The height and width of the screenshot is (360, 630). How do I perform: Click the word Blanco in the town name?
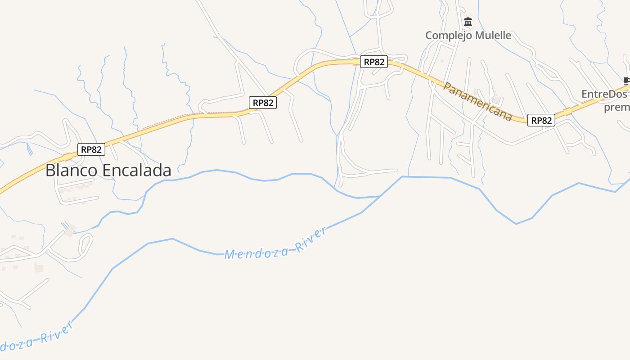tap(72, 171)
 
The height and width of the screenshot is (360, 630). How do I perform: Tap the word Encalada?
tap(137, 171)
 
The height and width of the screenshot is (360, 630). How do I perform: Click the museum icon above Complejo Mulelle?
tap(468, 22)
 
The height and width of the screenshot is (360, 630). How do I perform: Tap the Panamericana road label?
tap(477, 101)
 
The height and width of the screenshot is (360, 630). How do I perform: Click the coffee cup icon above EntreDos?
tap(626, 81)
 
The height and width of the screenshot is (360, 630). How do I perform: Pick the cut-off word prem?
tap(616, 107)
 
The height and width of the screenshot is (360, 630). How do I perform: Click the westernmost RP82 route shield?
tap(91, 149)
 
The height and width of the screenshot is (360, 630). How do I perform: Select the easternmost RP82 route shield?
tap(541, 120)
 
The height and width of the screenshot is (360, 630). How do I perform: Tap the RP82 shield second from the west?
tap(263, 103)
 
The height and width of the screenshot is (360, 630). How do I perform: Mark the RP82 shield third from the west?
tap(374, 62)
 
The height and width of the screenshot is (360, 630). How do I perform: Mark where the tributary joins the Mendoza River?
tap(380, 196)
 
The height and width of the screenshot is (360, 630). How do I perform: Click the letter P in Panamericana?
tap(447, 85)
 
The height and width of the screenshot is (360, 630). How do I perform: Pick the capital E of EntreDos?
tap(585, 94)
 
